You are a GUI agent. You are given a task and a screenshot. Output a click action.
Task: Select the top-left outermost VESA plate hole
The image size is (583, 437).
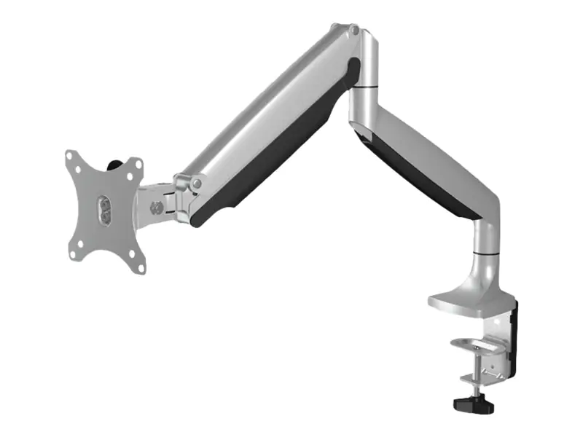click(x=71, y=156)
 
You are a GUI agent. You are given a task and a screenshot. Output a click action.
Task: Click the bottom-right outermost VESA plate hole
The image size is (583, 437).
click(x=140, y=264)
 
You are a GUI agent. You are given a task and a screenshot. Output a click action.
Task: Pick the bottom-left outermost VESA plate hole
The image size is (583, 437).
click(x=74, y=254)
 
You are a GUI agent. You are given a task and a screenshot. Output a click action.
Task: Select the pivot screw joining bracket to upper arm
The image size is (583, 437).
click(x=195, y=185)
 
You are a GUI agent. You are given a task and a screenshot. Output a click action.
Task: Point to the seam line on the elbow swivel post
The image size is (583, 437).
click(x=363, y=88)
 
